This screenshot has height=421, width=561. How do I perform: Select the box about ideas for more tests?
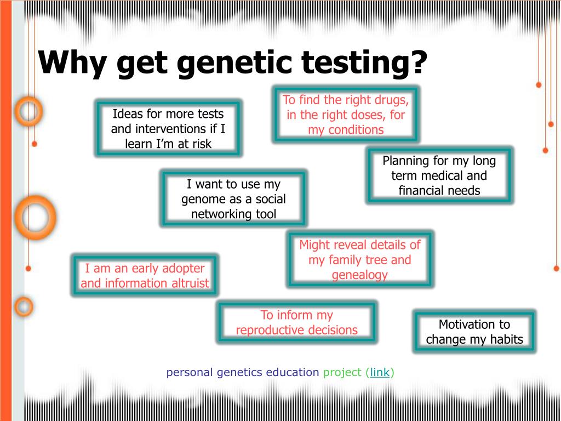point(168,128)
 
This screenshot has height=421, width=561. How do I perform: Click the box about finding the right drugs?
point(346,115)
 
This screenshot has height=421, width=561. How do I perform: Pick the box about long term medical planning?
point(439,175)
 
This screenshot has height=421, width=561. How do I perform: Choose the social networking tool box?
point(233,199)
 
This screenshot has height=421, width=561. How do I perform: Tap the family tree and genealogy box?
point(359,259)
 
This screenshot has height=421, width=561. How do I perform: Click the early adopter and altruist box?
point(145,276)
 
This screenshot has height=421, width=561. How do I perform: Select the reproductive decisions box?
point(296,322)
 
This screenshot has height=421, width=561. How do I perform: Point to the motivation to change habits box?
point(474,332)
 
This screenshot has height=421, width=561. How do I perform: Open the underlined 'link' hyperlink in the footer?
point(380,373)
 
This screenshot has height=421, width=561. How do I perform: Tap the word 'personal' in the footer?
point(189,373)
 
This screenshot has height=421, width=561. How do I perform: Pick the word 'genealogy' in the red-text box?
point(359,275)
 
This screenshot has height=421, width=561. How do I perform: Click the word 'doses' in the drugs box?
point(371,115)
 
